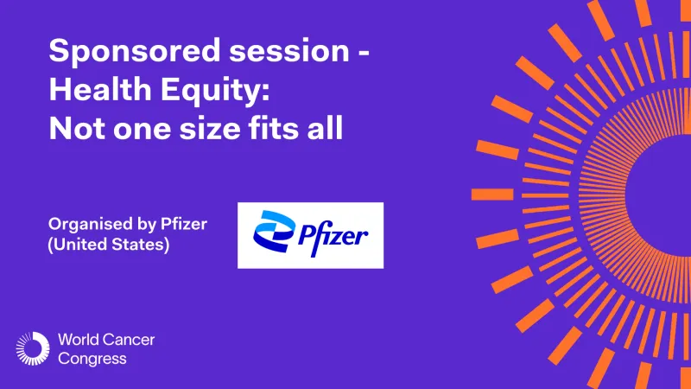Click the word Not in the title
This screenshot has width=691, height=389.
click(x=71, y=128)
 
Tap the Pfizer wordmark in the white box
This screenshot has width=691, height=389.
click(x=333, y=233)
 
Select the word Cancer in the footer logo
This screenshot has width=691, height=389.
click(x=130, y=340)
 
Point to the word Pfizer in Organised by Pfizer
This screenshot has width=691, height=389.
click(x=187, y=224)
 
